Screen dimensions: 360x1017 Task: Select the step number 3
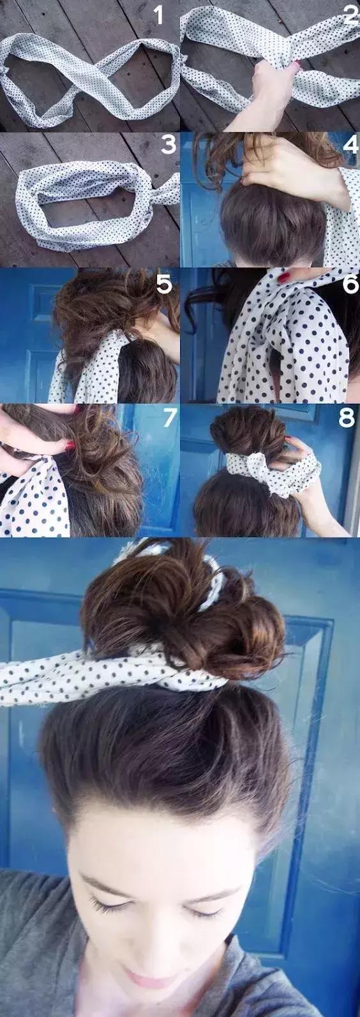(168, 145)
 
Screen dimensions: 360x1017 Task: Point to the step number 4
(351, 145)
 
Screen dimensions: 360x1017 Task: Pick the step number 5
(164, 283)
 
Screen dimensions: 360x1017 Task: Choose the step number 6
(350, 283)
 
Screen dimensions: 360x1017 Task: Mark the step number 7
(169, 419)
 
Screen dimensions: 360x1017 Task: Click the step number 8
(347, 419)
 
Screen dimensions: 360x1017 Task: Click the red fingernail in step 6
(284, 278)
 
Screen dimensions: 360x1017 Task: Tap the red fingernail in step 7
(70, 445)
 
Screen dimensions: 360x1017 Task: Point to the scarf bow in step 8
(254, 468)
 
